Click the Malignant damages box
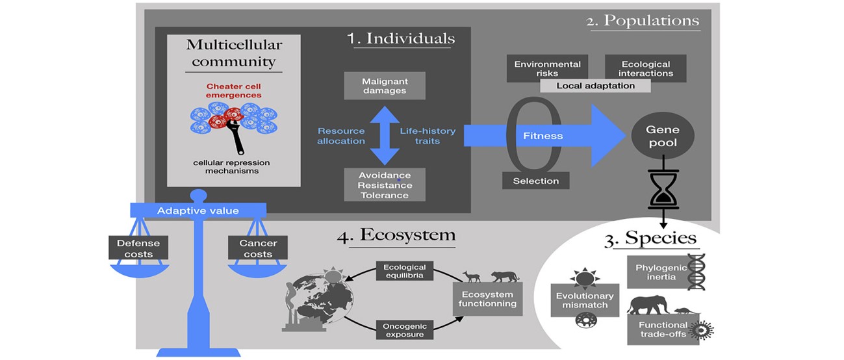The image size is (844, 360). [384, 86]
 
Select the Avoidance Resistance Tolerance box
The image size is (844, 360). [384, 186]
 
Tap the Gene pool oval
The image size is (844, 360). [663, 135]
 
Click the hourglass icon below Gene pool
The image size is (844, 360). [663, 189]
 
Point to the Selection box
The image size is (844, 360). [536, 181]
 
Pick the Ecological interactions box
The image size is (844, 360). [646, 69]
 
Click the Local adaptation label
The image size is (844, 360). [595, 86]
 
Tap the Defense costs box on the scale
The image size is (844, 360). [138, 248]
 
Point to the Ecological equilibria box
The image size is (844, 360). [404, 271]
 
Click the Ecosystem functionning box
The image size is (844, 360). [487, 299]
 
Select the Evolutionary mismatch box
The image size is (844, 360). [582, 300]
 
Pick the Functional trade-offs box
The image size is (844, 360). [663, 329]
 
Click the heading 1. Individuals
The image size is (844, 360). [400, 38]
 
